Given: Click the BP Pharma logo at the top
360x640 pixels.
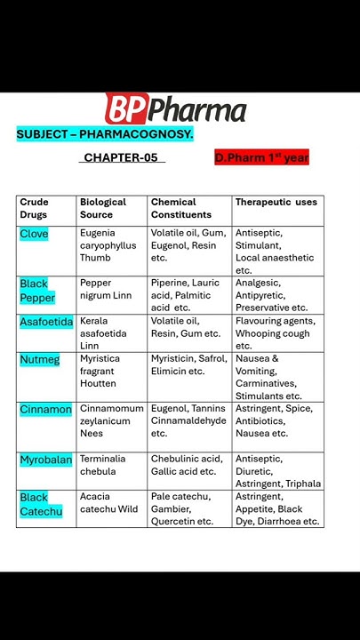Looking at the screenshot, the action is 175,109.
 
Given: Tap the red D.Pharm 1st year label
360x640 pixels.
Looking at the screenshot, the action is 260,157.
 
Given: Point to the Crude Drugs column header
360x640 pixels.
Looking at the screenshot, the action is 35,208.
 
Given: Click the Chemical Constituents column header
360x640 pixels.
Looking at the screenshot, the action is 181,208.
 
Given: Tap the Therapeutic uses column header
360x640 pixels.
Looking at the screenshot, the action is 276,203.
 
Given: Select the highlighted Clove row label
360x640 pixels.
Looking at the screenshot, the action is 34,234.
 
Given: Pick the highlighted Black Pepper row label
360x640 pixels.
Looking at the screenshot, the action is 37,291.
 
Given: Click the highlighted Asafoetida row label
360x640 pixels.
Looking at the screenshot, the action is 46,322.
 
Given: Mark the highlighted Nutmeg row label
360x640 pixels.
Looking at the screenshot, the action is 40,359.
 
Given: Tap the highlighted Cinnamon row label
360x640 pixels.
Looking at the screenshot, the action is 45,410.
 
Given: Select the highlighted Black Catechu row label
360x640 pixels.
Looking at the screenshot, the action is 41,504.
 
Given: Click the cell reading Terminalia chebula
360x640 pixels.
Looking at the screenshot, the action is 103,465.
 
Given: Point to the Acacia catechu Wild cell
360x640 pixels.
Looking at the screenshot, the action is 109,503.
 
